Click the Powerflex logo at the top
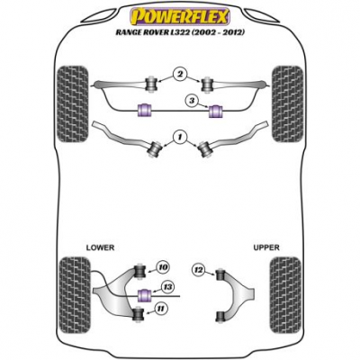(x=180, y=16)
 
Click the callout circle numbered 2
(x=180, y=74)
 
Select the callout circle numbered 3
(x=193, y=101)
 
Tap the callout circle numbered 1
(x=180, y=138)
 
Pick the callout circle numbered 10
(x=163, y=267)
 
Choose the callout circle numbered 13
(x=167, y=287)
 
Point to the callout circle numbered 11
(x=162, y=308)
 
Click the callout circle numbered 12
(x=199, y=270)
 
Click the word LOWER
(x=100, y=247)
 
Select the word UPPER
(x=266, y=247)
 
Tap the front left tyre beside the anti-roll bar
(x=72, y=103)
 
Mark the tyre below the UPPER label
(x=285, y=295)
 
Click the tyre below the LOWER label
(x=75, y=295)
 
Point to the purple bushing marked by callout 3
(x=215, y=111)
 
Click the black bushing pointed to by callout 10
(x=139, y=271)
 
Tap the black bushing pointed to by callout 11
(x=139, y=314)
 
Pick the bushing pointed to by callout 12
(x=220, y=274)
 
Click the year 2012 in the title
(x=233, y=32)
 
